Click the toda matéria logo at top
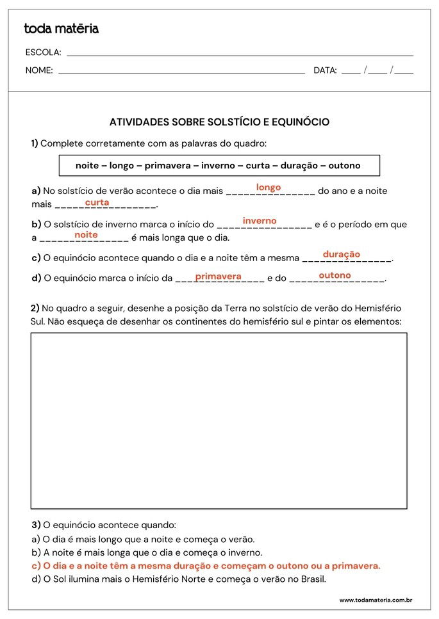click(x=61, y=29)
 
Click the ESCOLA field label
click(x=43, y=52)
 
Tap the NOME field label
click(x=39, y=70)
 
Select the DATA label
click(x=325, y=70)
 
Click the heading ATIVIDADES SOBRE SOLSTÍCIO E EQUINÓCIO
click(x=219, y=122)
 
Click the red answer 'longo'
click(x=269, y=187)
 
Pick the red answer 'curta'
click(x=97, y=202)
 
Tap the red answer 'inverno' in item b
click(x=260, y=221)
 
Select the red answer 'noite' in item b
click(x=86, y=235)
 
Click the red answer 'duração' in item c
click(x=342, y=254)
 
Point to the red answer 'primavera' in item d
click(x=218, y=277)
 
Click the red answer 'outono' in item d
click(x=335, y=275)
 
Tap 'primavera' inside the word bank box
click(x=167, y=166)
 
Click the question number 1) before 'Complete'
click(x=35, y=143)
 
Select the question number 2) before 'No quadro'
click(x=35, y=308)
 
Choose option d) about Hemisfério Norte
click(x=179, y=579)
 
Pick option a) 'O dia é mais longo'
click(x=143, y=539)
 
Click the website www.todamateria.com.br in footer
click(x=375, y=600)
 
